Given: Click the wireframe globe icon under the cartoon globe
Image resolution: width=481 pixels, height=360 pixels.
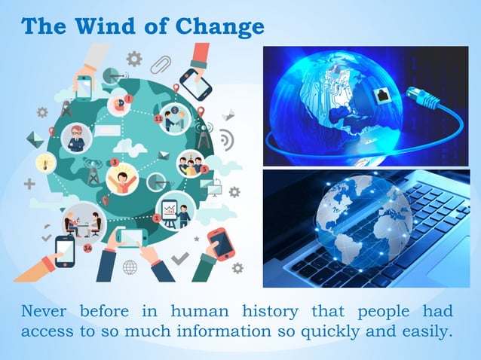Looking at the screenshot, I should pos(130,267).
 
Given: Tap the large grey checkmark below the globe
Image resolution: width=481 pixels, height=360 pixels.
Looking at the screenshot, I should pos(180,258).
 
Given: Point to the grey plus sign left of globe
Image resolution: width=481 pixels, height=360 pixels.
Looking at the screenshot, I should pos(29,184).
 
